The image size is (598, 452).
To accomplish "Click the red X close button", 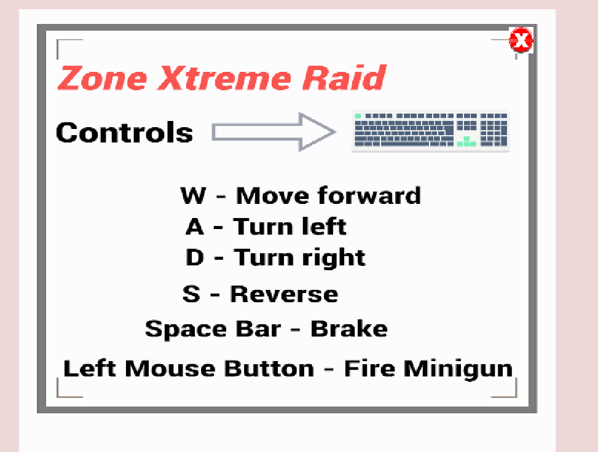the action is coord(521,40).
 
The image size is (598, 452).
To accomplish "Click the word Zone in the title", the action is coord(103,78).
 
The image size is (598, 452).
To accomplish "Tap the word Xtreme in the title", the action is coord(224,78).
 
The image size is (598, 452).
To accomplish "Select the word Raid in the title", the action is coord(344,78).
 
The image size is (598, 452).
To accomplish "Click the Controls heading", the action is coord(124,133).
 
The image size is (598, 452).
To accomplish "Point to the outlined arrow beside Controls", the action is coord(274,132).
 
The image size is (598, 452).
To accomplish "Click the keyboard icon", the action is coord(431,130).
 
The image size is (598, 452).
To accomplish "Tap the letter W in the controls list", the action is coord(193,195).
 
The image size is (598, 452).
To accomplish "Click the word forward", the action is coord(369,195).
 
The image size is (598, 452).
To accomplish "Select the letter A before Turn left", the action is coord(194,227).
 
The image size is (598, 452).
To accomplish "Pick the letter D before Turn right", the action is coord(194,257).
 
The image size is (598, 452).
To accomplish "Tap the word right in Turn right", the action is coord(334,259).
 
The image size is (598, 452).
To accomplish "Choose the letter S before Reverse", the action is coord(192,294).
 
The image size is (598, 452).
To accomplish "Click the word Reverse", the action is coord(284,294).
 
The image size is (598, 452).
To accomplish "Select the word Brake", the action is coord(349,329).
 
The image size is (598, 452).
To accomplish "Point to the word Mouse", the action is coord(170,369).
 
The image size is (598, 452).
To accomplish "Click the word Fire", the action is coord(369,368).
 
